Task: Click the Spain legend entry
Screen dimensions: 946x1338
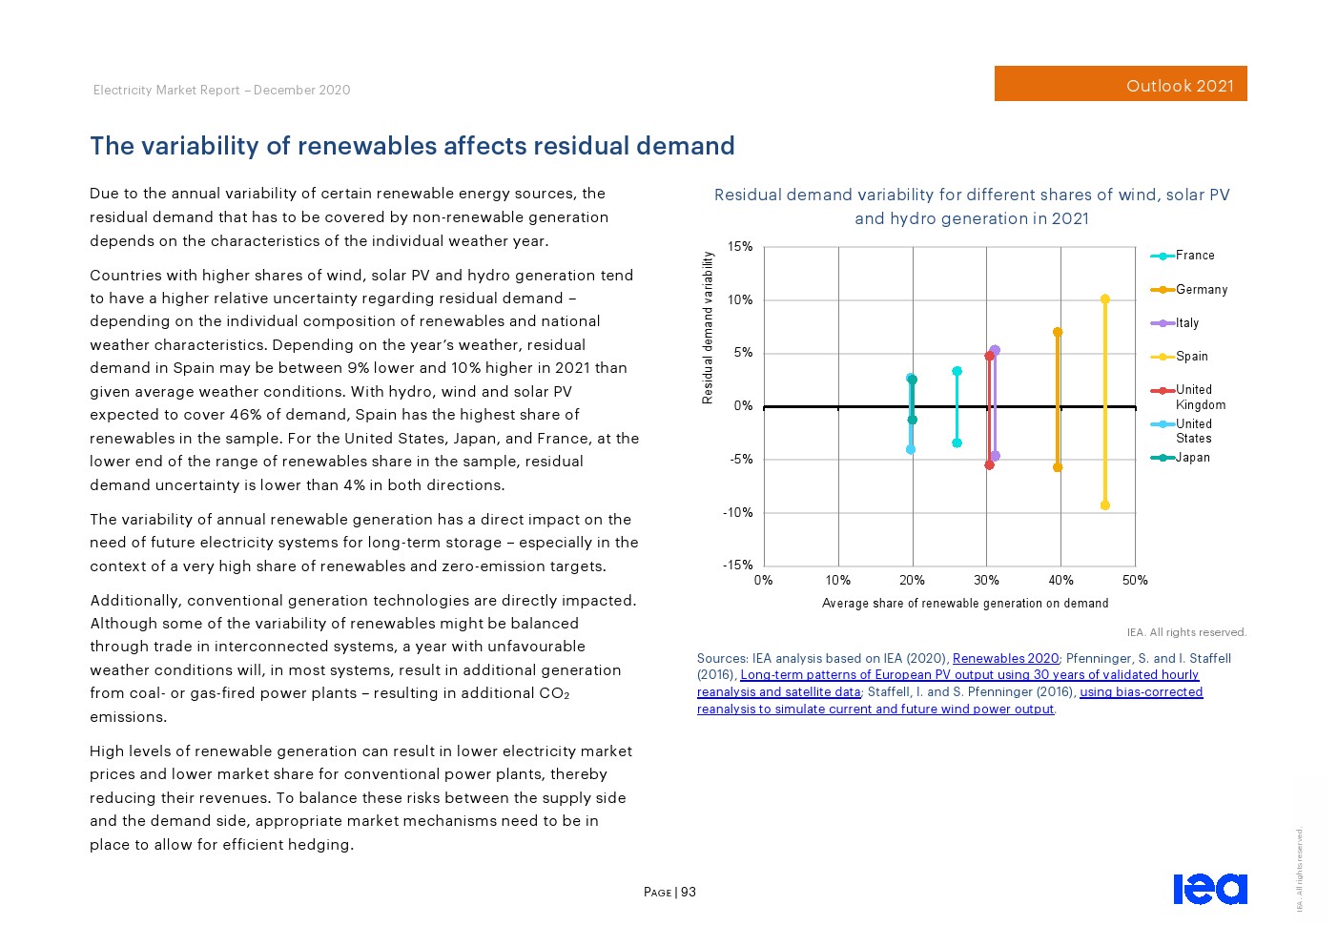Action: tap(1190, 357)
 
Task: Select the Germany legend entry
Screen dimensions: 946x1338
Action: tap(1200, 290)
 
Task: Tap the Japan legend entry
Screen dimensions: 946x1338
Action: tap(1191, 458)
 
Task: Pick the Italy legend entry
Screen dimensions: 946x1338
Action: tap(1185, 323)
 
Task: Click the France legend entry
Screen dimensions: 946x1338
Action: tap(1194, 256)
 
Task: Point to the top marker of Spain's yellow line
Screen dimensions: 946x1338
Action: tap(1105, 299)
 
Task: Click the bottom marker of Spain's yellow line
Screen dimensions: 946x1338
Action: tap(1105, 505)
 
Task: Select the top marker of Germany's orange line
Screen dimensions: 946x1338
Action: tap(1058, 332)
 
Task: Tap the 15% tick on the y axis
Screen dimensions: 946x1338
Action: tap(740, 247)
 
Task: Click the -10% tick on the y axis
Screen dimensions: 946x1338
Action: tap(737, 513)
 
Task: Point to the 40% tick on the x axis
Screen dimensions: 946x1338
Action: tap(1060, 580)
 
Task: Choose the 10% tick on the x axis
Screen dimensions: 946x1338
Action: tap(838, 580)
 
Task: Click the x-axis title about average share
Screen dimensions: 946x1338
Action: tap(965, 604)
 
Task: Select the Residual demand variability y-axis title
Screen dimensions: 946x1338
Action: tap(708, 327)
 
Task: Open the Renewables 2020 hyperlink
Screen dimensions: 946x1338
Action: tap(1005, 659)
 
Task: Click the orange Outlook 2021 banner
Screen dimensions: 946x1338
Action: tap(1121, 84)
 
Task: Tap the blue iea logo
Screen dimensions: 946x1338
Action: tap(1209, 889)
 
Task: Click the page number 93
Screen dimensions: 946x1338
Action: tap(689, 893)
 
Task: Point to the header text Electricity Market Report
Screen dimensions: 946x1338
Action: tap(167, 91)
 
